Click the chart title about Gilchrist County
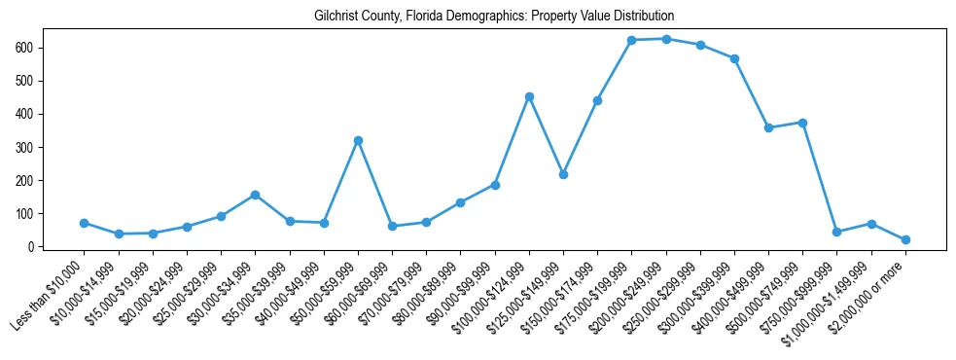tap(494, 17)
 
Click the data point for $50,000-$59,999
tap(358, 140)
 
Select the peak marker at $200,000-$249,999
tap(666, 39)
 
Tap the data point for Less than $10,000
tap(85, 223)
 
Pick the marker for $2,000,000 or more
tap(905, 239)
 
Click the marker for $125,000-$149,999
tap(563, 174)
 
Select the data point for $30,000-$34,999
tap(255, 195)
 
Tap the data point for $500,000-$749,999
tap(802, 123)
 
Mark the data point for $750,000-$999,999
tap(836, 232)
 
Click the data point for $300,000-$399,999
tap(734, 58)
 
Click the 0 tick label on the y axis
tap(32, 247)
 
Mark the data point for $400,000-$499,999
tap(768, 127)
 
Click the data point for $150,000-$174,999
tap(597, 100)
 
